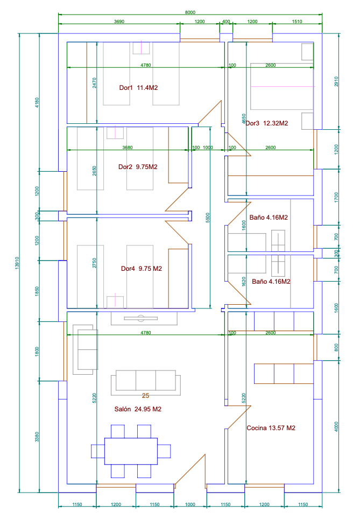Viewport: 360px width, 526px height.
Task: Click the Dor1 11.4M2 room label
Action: pyautogui.click(x=138, y=87)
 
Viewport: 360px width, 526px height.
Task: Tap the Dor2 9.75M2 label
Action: pyautogui.click(x=138, y=167)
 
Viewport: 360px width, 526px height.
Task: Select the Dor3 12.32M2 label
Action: pyautogui.click(x=267, y=123)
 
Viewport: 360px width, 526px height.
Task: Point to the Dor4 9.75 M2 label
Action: pyautogui.click(x=142, y=269)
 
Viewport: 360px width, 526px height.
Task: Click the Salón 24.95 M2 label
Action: pyautogui.click(x=138, y=409)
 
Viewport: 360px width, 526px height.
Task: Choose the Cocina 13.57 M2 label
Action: pyautogui.click(x=271, y=429)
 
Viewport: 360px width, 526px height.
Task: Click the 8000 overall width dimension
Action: pyautogui.click(x=190, y=12)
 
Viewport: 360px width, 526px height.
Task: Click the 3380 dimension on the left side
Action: pyautogui.click(x=37, y=436)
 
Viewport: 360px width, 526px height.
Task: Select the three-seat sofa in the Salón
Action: pyautogui.click(x=145, y=381)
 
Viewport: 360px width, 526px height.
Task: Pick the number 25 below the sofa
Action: pyautogui.click(x=145, y=396)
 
